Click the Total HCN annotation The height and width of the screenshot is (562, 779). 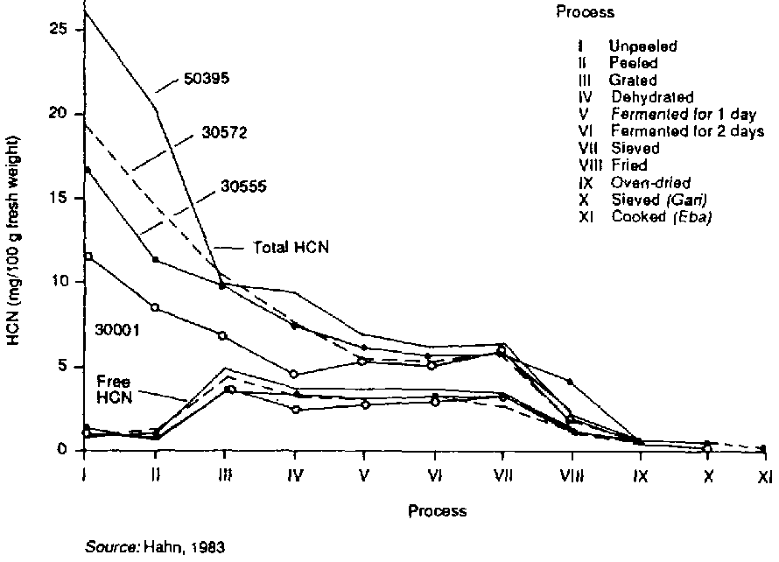284,248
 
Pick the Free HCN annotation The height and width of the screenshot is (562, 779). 114,390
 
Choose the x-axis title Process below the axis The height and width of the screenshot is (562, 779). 437,510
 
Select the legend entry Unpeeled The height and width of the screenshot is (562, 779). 642,46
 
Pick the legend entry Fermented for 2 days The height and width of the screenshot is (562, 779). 687,131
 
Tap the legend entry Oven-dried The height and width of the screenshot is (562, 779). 650,182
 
